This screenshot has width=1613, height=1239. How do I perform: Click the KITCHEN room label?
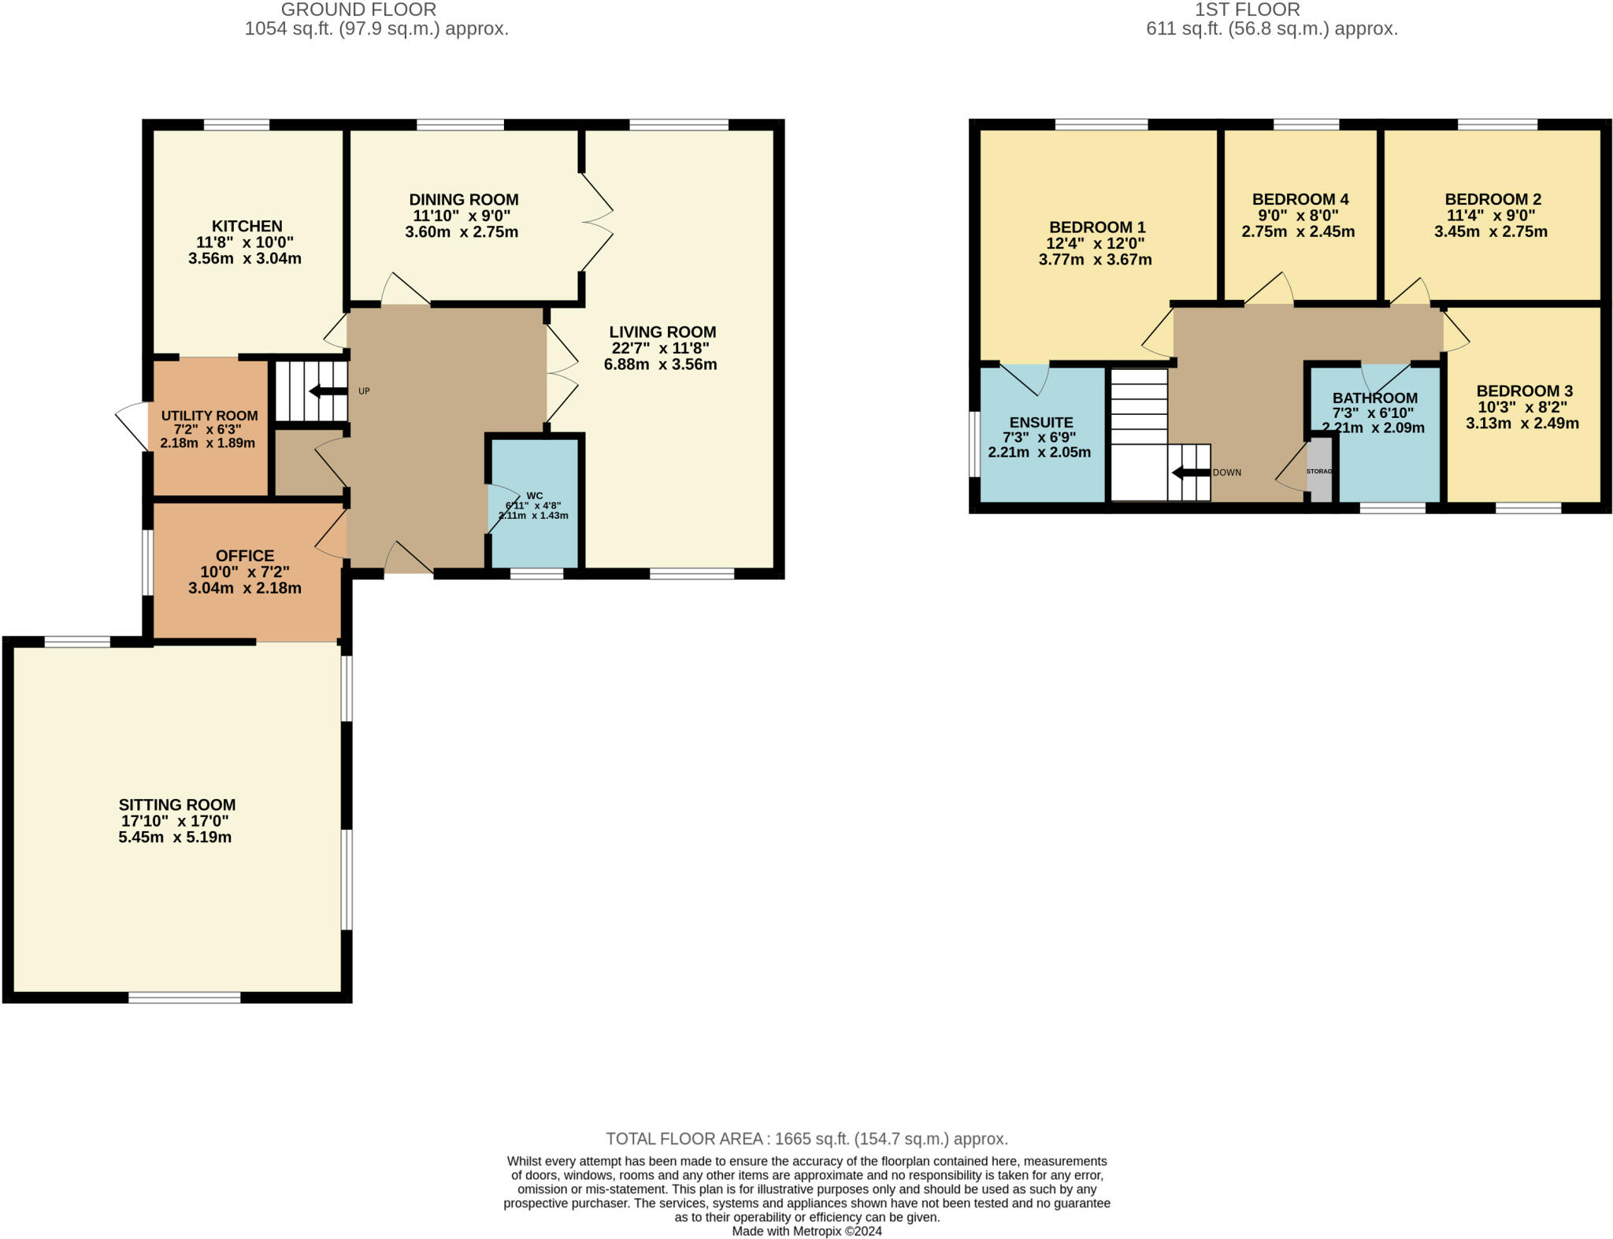(247, 227)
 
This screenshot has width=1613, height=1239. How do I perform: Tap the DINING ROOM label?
(463, 200)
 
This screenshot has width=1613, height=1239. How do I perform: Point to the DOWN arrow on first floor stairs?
(1191, 473)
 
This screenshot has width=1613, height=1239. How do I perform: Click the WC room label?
(535, 496)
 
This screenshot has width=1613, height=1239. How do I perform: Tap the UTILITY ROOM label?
(210, 416)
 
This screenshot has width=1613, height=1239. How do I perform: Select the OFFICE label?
(245, 556)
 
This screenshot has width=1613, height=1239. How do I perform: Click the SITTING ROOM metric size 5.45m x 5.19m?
(175, 838)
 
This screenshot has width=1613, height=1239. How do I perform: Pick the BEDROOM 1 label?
(1096, 227)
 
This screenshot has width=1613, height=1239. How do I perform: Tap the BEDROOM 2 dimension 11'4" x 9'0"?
(1490, 216)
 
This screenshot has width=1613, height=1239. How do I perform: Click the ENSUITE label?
(1041, 423)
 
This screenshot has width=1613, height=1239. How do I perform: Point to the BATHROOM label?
(1374, 398)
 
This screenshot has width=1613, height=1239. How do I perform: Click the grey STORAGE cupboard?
(1319, 471)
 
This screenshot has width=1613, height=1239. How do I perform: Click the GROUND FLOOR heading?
(358, 10)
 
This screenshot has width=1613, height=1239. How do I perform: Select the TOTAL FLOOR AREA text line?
(806, 1139)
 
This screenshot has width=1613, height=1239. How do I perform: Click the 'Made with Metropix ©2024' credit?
(806, 1231)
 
